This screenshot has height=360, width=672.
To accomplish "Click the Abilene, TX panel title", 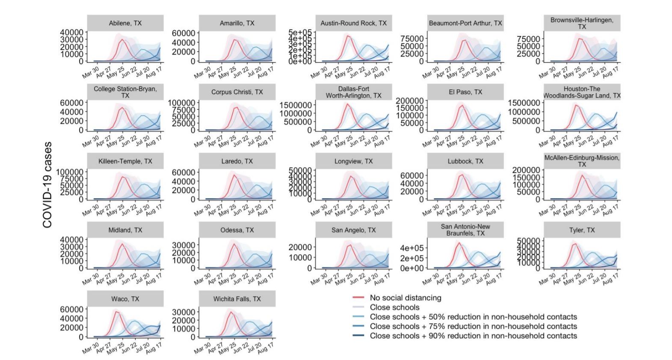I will point(125,23).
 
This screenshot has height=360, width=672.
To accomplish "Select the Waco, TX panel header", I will point(125,299).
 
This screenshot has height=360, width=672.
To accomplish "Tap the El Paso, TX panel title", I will point(465,92).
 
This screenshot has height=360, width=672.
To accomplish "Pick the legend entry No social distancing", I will point(405,298).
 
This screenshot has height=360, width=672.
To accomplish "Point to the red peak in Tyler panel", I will point(574,244).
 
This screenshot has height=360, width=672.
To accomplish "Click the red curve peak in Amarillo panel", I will point(234,40).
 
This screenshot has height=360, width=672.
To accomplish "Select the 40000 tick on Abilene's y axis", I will point(71,33).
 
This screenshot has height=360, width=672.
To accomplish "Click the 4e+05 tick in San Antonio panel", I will point(412,248).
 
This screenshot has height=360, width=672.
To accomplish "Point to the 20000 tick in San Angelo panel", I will point(300,247).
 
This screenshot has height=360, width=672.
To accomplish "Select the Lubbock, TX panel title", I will point(465,161).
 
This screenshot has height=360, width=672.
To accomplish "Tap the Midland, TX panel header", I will point(125,230).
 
